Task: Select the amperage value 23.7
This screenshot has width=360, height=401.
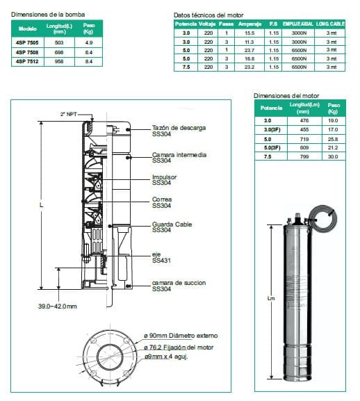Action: (249, 50)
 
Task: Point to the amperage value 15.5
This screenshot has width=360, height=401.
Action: (249, 33)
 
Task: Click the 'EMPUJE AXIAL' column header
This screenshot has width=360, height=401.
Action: (300, 24)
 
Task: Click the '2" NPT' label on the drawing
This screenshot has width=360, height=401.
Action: (69, 113)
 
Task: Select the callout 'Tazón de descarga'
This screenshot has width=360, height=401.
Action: (179, 129)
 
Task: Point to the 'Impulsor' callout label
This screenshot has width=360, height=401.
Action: (165, 177)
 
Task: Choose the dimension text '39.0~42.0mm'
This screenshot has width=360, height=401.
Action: (57, 306)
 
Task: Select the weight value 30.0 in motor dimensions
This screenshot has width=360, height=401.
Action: (333, 156)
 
